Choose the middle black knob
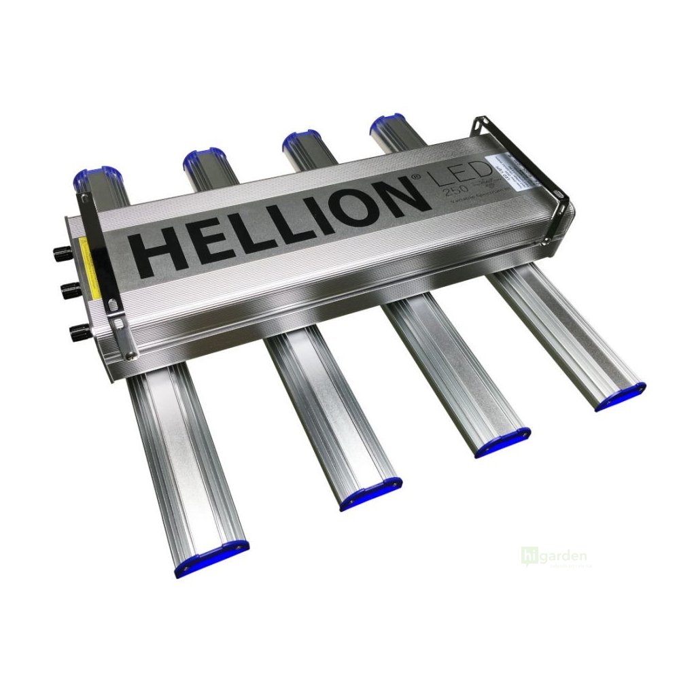[67, 291]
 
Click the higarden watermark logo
[553, 556]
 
